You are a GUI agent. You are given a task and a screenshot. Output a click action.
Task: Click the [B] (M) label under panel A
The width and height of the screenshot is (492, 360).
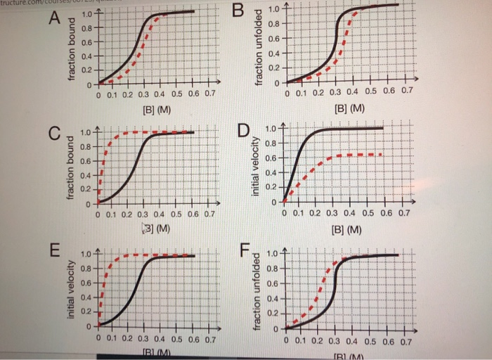153,110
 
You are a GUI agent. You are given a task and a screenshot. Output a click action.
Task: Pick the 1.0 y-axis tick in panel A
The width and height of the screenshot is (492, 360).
86,15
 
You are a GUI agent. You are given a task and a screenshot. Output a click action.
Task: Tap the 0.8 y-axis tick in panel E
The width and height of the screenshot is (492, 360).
86,268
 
